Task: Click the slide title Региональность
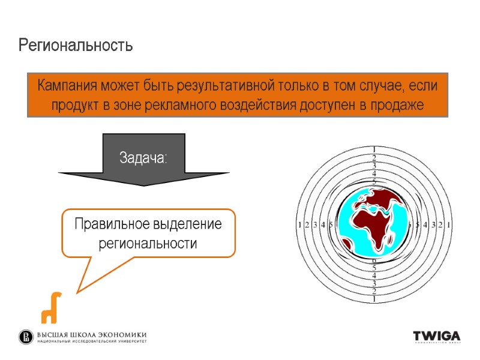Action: coord(75,45)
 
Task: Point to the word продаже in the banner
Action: coord(396,106)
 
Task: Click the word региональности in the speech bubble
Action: coord(148,244)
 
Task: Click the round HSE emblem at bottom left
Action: coord(26,337)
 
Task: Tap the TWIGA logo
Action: coord(436,336)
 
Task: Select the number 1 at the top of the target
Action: coord(374,149)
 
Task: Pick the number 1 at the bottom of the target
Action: coord(374,298)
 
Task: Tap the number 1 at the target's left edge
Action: coord(299,225)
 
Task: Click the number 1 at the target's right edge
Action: coord(449,225)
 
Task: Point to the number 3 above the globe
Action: coord(374,166)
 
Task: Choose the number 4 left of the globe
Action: coord(323,225)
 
